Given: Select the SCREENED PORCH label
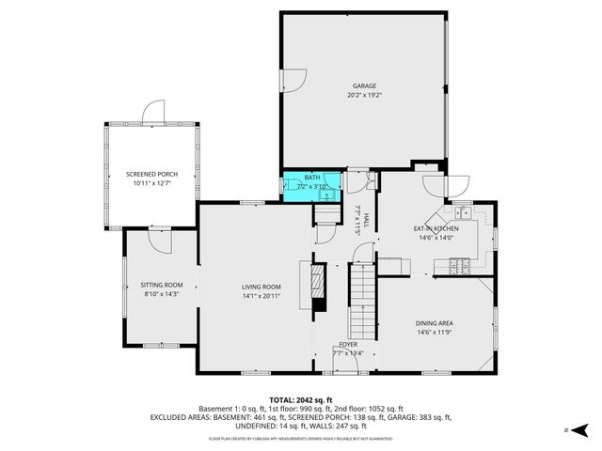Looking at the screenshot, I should pos(152,174).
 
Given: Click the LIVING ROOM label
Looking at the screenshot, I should pos(261,288).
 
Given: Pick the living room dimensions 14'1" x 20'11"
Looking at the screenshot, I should pos(261,298).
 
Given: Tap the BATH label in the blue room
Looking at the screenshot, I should pos(312,178).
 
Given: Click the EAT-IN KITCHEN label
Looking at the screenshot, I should pos(436,228).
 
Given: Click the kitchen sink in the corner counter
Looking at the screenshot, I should pos(463,214).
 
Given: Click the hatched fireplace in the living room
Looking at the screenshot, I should pos(319,281).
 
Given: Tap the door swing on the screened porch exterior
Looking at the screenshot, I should pos(153,114).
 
